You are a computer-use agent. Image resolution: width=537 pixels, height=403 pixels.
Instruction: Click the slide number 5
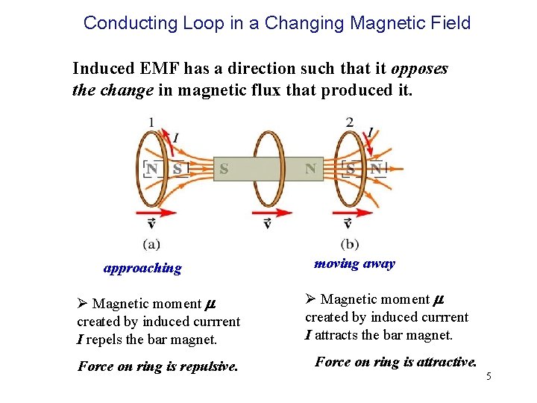[x=489, y=376]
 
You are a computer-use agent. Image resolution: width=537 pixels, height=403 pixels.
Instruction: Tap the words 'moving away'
[x=354, y=263]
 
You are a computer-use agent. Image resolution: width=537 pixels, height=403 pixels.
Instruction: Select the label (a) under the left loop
[x=151, y=243]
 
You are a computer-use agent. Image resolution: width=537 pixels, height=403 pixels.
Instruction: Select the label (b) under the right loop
[x=349, y=243]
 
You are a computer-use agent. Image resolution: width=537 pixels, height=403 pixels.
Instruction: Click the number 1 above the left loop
[x=151, y=122]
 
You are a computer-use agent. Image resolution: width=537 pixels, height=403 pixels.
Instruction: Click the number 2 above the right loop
[x=350, y=122]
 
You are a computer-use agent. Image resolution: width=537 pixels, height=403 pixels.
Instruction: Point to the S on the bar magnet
[x=224, y=169]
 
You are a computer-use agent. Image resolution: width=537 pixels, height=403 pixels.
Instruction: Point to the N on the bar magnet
[x=310, y=169]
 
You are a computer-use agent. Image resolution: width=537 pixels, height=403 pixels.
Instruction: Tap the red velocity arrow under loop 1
[x=157, y=212]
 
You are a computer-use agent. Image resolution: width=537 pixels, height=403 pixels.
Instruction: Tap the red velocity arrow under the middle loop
[x=272, y=212]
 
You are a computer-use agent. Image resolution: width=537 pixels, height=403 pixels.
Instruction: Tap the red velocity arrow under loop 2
[x=355, y=212]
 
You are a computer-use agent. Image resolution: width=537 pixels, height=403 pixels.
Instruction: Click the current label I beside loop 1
[x=175, y=137]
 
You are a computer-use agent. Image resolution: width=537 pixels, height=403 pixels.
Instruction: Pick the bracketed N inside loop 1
[x=152, y=169]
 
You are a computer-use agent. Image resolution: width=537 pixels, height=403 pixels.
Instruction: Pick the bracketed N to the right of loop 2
[x=375, y=169]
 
